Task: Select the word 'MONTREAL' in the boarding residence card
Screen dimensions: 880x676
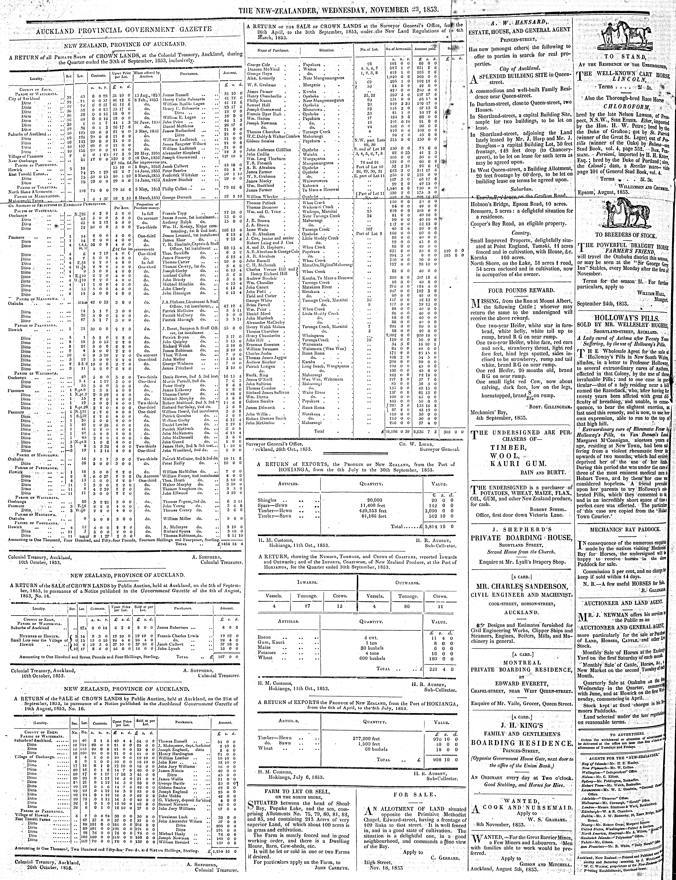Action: pos(521,662)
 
